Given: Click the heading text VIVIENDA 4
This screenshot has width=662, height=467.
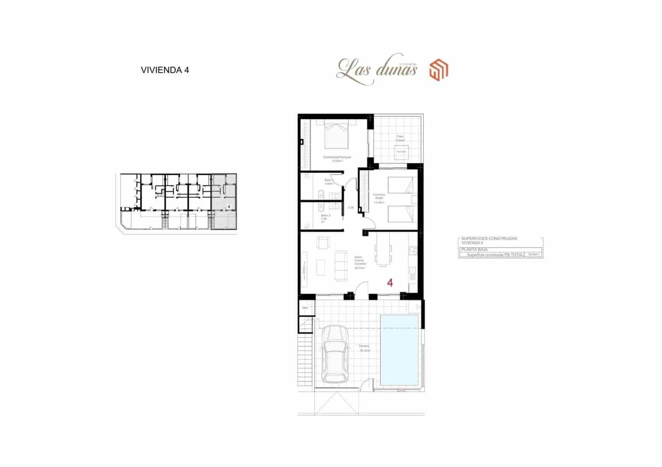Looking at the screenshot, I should (x=165, y=70).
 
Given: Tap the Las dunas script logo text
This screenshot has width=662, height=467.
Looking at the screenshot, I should (x=377, y=69).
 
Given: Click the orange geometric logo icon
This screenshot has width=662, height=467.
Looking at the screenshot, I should (x=439, y=69).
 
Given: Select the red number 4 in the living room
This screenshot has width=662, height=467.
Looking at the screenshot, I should (x=390, y=283).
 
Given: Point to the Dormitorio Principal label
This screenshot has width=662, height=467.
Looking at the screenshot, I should (x=337, y=157).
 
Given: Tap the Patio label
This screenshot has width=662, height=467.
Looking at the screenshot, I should (x=400, y=137).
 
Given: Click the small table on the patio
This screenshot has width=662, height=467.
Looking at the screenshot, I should (x=401, y=152).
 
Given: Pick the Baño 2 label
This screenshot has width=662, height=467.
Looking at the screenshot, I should (x=326, y=216).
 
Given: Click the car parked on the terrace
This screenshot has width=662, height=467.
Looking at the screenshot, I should (x=334, y=354).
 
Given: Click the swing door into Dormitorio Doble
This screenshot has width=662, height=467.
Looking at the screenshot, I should (x=370, y=223).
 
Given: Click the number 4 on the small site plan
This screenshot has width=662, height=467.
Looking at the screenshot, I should (x=229, y=206).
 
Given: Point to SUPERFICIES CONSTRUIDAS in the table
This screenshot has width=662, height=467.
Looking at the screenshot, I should (x=489, y=238).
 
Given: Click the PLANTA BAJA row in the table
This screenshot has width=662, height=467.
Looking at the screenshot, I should (x=475, y=250).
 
